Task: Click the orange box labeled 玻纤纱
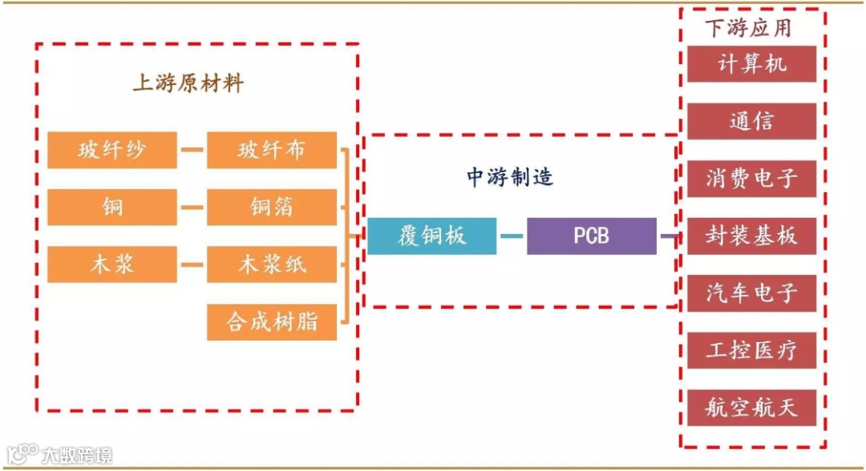(x=111, y=150)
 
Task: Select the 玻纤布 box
(x=271, y=150)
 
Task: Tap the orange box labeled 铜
(x=111, y=207)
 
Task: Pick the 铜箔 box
(x=271, y=207)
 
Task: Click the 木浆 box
(x=111, y=265)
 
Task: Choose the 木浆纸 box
(x=271, y=265)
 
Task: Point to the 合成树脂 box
(x=271, y=322)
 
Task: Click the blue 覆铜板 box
(x=431, y=236)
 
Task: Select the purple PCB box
(x=591, y=236)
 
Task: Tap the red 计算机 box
(x=751, y=64)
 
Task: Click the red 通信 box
(x=751, y=121)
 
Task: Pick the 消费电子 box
(x=751, y=179)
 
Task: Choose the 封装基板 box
(x=751, y=236)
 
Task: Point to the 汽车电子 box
(x=751, y=293)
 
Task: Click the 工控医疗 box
(x=751, y=351)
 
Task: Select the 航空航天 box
(x=751, y=408)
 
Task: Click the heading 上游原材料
(x=188, y=83)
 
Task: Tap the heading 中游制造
(x=510, y=176)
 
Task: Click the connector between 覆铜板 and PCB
(x=512, y=236)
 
